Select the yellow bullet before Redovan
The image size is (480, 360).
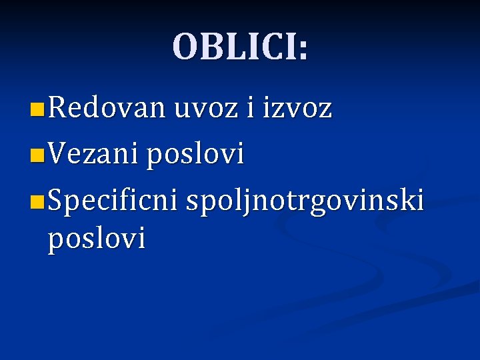pyautogui.click(x=38, y=109)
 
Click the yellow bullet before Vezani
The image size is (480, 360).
pyautogui.click(x=38, y=157)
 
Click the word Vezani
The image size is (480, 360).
pyautogui.click(x=92, y=155)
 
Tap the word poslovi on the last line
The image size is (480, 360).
pyautogui.click(x=96, y=239)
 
